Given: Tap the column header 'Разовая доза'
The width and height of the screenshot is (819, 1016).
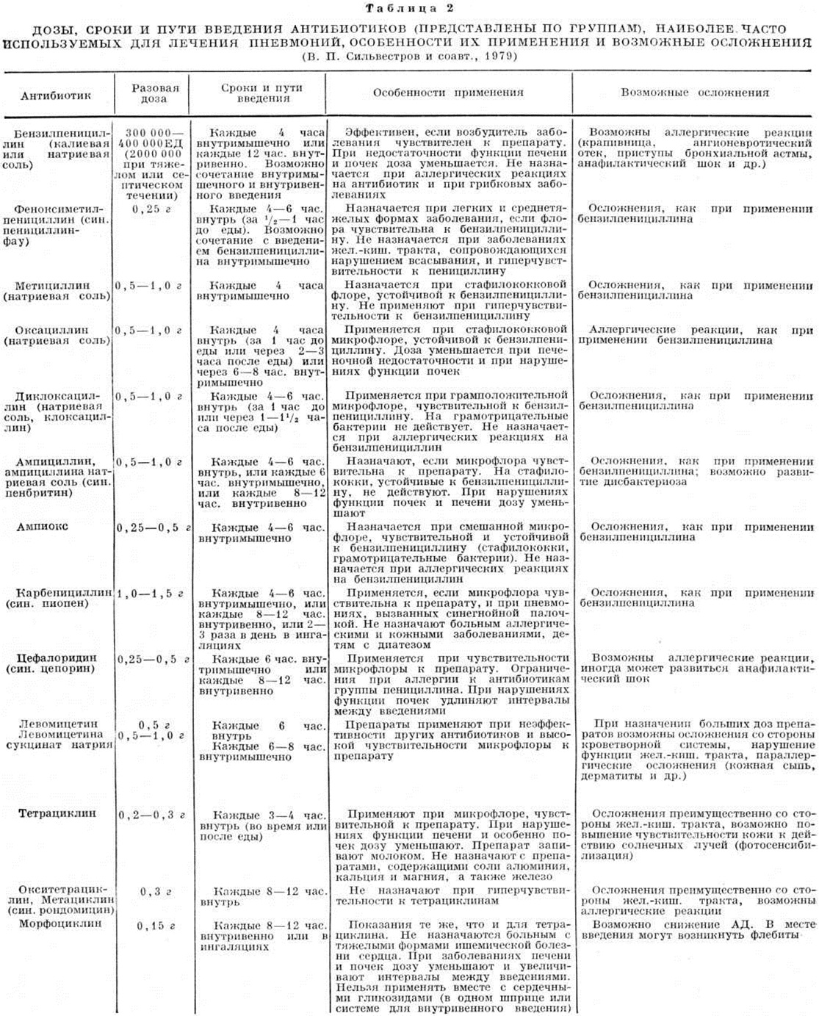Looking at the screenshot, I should coord(154,93).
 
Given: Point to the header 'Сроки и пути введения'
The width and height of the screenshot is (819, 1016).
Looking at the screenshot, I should coord(261,93).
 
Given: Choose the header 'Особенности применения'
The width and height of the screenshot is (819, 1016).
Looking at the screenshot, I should coord(448,93).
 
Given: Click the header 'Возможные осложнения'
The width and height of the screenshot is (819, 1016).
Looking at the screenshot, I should coord(694,93).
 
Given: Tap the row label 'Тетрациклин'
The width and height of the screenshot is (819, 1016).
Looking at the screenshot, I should coord(58,814).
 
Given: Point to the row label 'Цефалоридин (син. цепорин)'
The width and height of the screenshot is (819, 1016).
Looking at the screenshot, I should coord(57,663).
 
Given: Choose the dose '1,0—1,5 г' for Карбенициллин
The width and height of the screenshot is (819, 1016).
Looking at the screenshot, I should coord(152,594).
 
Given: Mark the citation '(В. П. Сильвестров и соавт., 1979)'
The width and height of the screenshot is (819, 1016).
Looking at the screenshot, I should coord(409,56).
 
